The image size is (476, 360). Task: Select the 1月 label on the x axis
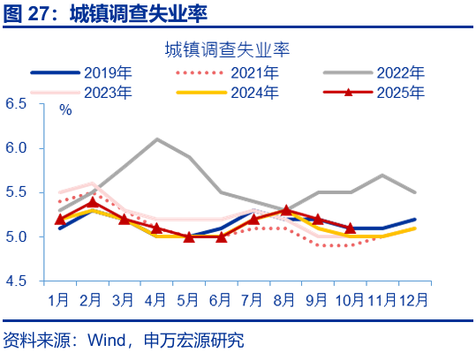(59, 298)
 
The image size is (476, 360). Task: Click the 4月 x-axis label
(156, 298)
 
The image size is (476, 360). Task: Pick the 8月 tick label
(285, 298)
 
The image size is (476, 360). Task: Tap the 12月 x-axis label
(413, 298)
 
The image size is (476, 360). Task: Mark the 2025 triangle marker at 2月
(92, 202)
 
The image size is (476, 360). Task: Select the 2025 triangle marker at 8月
(285, 210)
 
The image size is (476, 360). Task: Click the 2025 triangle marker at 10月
(350, 228)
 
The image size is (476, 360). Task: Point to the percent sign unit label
(65, 110)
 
